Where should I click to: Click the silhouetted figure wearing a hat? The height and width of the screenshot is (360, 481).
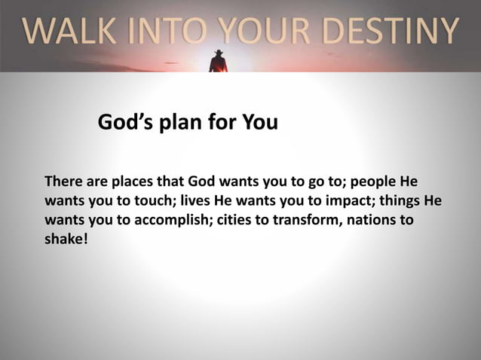(218, 61)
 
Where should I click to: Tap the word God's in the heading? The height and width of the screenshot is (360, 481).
(124, 122)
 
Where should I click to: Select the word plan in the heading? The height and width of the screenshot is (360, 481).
(181, 122)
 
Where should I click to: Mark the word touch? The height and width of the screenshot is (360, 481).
(158, 203)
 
